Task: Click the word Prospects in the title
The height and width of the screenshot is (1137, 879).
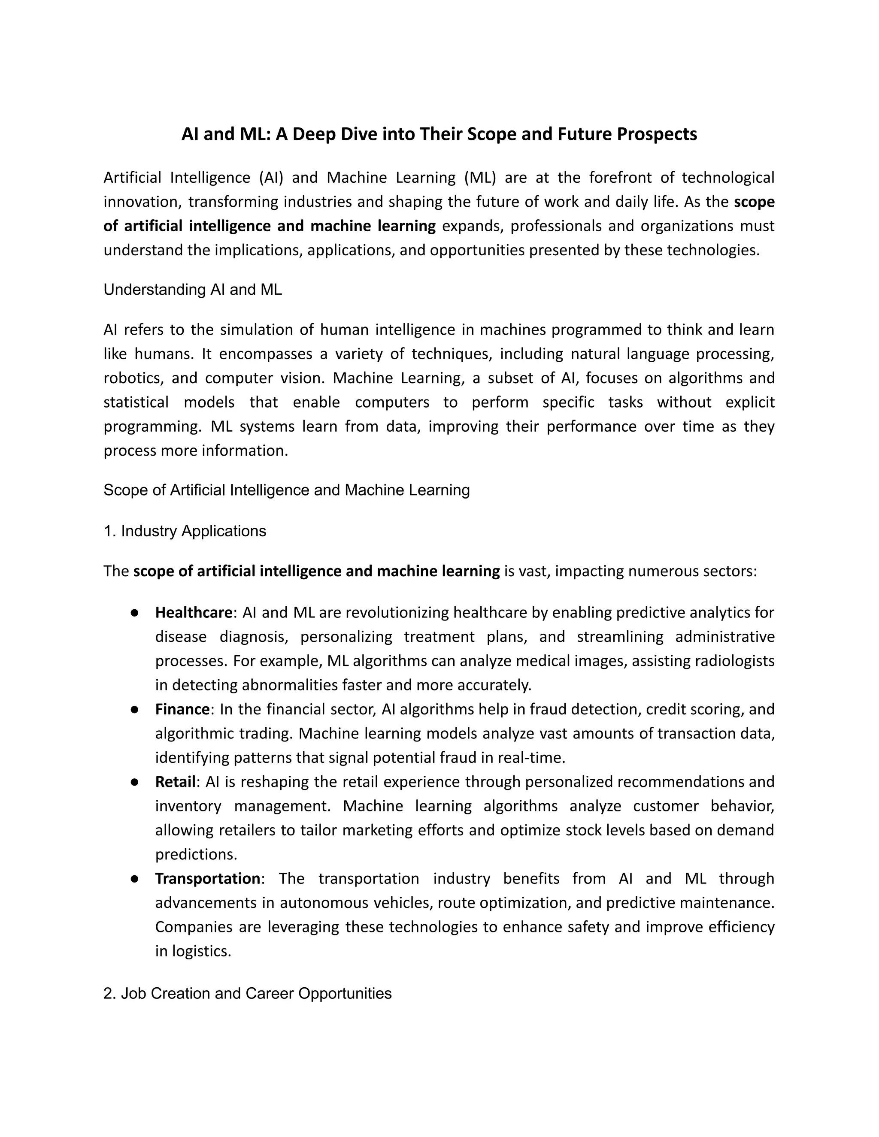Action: pos(657,134)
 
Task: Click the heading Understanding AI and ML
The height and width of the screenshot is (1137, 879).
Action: pos(193,290)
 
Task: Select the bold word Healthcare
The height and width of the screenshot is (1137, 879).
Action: pos(193,613)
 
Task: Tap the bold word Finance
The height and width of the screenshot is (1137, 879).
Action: pos(182,710)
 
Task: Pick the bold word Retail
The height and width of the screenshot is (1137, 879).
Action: pos(175,782)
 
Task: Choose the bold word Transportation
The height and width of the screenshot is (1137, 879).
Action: pos(207,879)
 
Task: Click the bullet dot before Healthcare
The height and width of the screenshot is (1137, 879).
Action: pos(134,613)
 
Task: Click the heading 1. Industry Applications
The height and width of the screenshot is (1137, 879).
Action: pos(185,531)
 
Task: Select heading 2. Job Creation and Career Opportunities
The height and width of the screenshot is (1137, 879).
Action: pos(247,993)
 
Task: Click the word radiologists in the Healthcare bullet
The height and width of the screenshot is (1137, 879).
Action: pos(735,661)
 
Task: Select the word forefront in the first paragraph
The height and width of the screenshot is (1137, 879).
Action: pos(620,178)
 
